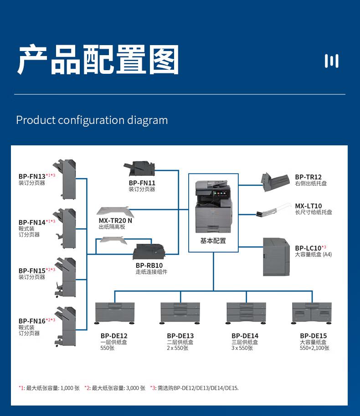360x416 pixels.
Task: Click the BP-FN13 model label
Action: point(32,176)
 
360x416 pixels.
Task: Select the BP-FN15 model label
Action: point(32,271)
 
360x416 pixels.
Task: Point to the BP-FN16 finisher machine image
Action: point(65,326)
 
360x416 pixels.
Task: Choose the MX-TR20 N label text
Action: point(115,221)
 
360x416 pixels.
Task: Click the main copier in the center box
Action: point(213,205)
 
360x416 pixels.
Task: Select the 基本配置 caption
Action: point(213,241)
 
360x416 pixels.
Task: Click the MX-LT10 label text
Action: point(308,206)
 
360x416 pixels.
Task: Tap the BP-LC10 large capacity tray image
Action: point(276,257)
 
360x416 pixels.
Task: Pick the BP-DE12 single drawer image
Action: point(115,313)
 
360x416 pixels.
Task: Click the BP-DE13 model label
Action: point(180,336)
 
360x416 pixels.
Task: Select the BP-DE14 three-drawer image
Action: point(246,313)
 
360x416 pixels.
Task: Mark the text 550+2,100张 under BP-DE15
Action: point(314,348)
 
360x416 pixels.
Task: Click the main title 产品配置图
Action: point(98,60)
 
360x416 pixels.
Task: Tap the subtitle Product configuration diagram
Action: point(92,120)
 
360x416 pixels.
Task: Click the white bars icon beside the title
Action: point(331,61)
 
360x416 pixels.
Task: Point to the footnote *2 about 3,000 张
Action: point(115,388)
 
